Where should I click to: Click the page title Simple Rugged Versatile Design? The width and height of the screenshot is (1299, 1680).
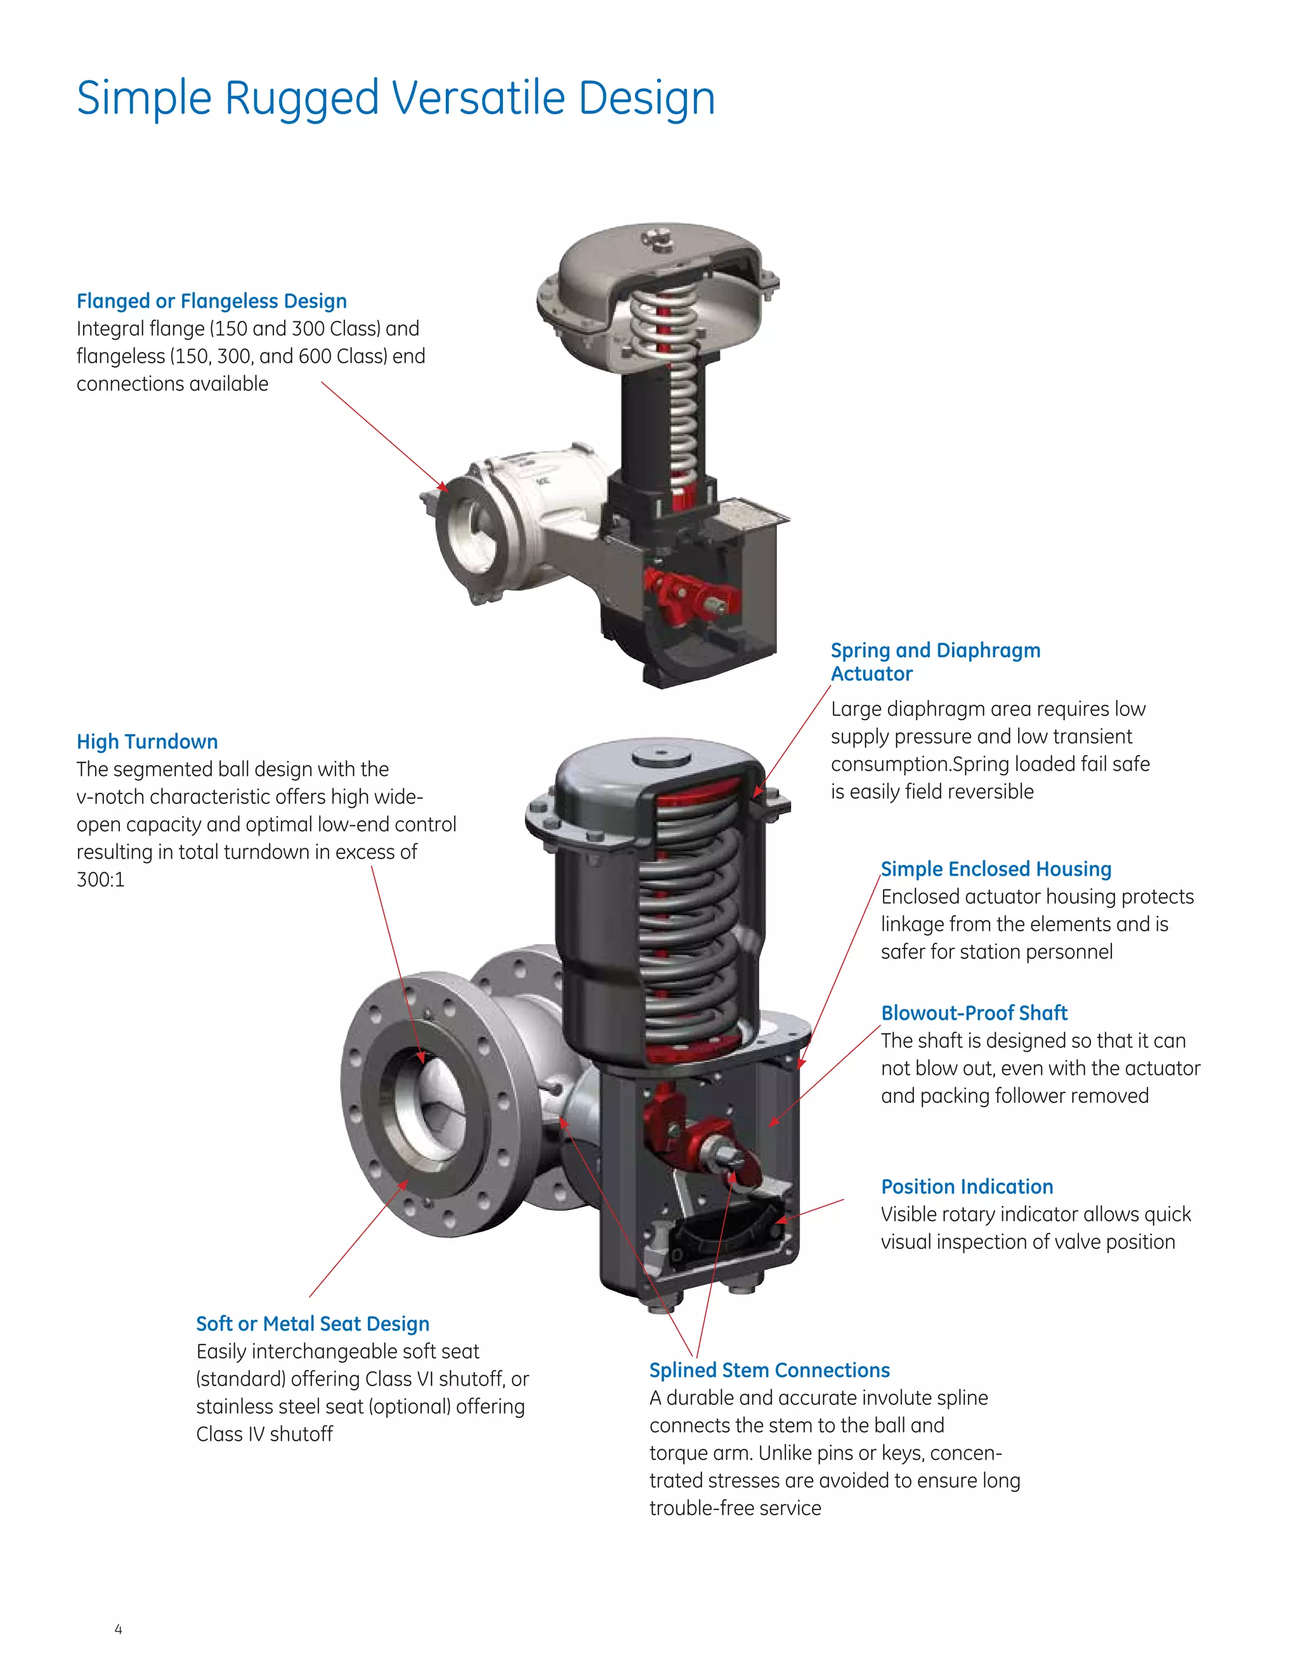click(x=396, y=98)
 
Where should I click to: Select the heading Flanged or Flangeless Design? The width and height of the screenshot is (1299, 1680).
click(x=212, y=300)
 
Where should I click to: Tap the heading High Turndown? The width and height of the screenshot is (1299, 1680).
click(x=147, y=742)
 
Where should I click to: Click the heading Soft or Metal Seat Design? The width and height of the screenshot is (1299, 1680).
click(x=313, y=1323)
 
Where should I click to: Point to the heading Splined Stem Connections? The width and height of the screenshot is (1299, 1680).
click(x=769, y=1370)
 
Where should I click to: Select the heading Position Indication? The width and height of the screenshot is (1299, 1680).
click(x=967, y=1186)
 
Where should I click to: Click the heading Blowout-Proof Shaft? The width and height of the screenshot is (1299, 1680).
click(x=974, y=1013)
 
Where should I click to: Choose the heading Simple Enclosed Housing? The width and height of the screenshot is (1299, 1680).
click(x=996, y=869)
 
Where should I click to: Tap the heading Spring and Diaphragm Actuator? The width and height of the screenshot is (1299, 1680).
click(x=935, y=661)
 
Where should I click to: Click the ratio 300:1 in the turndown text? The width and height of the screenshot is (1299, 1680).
click(x=100, y=879)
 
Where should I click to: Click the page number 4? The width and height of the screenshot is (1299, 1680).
click(x=118, y=1629)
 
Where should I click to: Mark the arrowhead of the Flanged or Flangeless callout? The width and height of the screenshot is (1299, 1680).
click(x=445, y=488)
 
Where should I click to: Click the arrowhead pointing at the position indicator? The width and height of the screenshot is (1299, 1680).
click(x=780, y=1220)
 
